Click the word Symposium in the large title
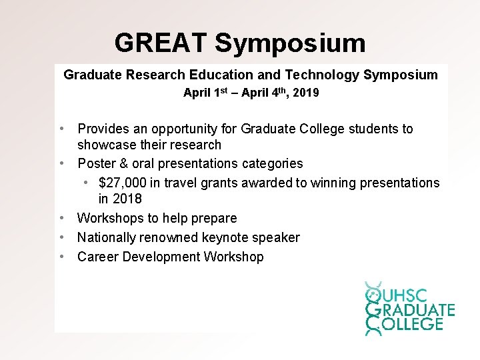(x=290, y=43)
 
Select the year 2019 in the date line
(x=306, y=93)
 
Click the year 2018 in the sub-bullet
(x=127, y=199)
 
